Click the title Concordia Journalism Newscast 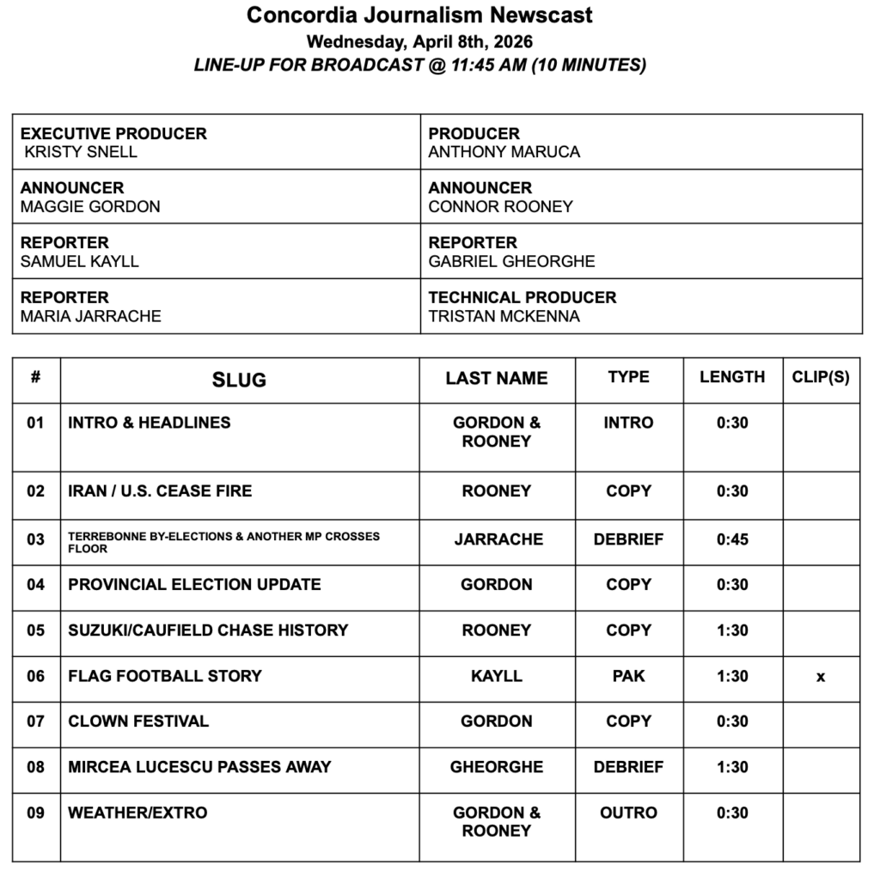[419, 15]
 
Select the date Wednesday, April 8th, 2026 [419, 41]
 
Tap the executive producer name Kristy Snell [81, 152]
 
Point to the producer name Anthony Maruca [504, 152]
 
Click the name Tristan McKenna [504, 316]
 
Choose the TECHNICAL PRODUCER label [522, 297]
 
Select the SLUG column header [239, 380]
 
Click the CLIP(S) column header [821, 377]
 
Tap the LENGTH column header [732, 377]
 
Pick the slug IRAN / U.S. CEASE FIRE [160, 491]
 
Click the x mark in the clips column [821, 677]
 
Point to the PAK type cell [628, 676]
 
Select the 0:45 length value [732, 539]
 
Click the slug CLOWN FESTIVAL [138, 722]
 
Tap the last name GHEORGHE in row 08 [497, 767]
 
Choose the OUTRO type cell [628, 813]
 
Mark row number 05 [35, 630]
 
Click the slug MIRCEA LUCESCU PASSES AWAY [199, 767]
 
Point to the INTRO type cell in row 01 [628, 423]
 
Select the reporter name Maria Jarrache [90, 316]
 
